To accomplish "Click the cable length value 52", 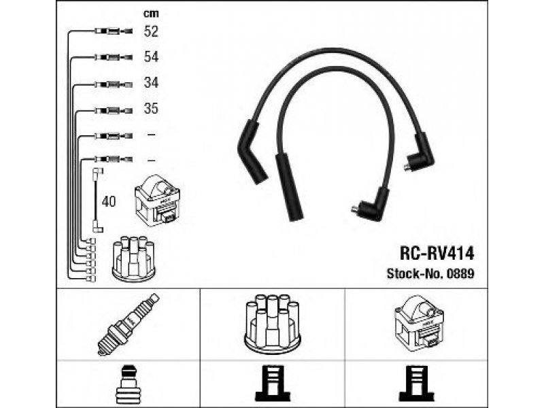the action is (151, 31).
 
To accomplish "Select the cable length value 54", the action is (151, 57).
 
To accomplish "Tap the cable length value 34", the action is (151, 82).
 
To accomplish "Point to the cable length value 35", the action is (151, 109).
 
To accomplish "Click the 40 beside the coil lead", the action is (109, 201).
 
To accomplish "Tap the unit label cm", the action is (151, 14).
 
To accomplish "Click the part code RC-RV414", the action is (437, 254).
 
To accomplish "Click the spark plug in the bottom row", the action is (128, 324).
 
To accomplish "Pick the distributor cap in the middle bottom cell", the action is (272, 324).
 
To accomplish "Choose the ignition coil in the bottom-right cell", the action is (419, 322).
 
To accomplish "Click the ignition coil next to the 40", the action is (157, 201).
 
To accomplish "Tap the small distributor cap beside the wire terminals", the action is (133, 258).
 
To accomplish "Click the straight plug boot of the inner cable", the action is (289, 188).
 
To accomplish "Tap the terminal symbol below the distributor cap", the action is (273, 383).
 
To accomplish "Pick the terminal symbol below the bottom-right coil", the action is (416, 383).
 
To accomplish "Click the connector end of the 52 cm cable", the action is (114, 31).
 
